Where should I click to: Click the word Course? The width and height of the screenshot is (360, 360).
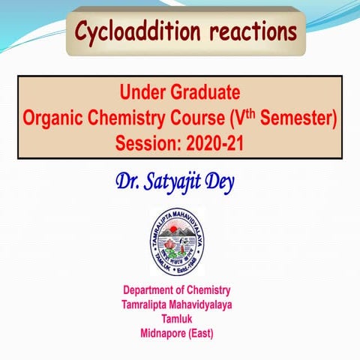pos(209,118)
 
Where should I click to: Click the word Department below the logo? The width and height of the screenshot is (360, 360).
pos(152,290)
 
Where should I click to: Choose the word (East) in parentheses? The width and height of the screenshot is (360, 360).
pos(211,333)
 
